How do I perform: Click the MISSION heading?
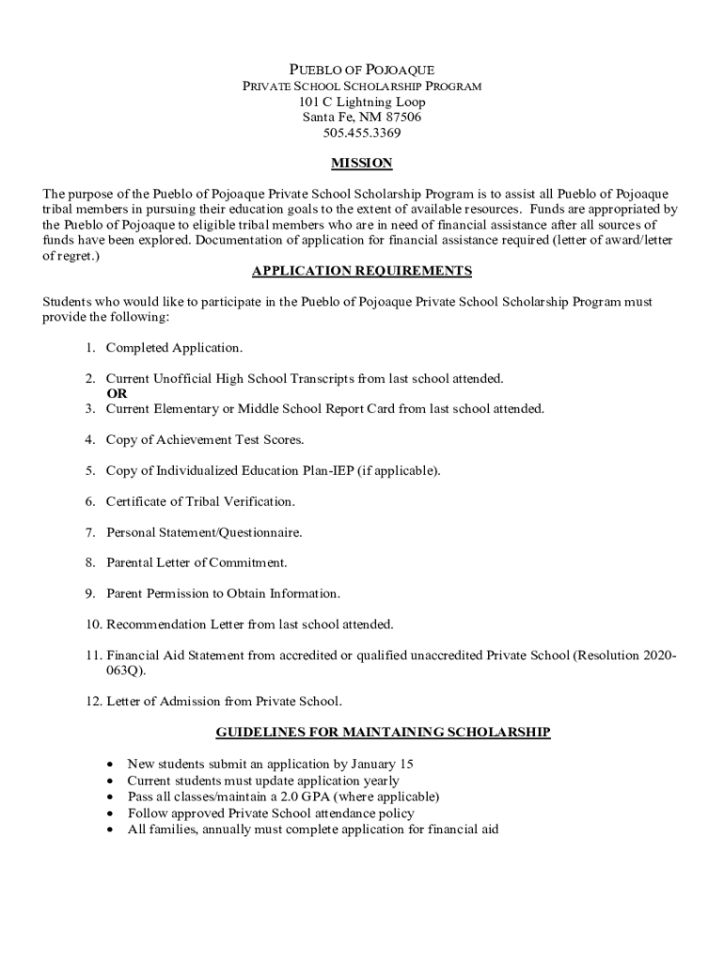[362, 164]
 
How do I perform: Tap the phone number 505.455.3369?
[362, 133]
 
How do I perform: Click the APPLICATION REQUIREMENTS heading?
[362, 272]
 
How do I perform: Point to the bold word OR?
[117, 394]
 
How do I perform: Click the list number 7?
[90, 532]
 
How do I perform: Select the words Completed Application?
[174, 348]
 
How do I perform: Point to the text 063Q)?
[126, 671]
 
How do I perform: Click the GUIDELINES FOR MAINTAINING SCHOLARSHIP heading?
[383, 732]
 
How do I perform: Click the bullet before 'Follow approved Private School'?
[111, 813]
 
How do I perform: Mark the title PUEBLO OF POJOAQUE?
[362, 71]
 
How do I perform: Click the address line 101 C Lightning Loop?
[362, 102]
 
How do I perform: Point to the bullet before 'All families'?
[111, 830]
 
